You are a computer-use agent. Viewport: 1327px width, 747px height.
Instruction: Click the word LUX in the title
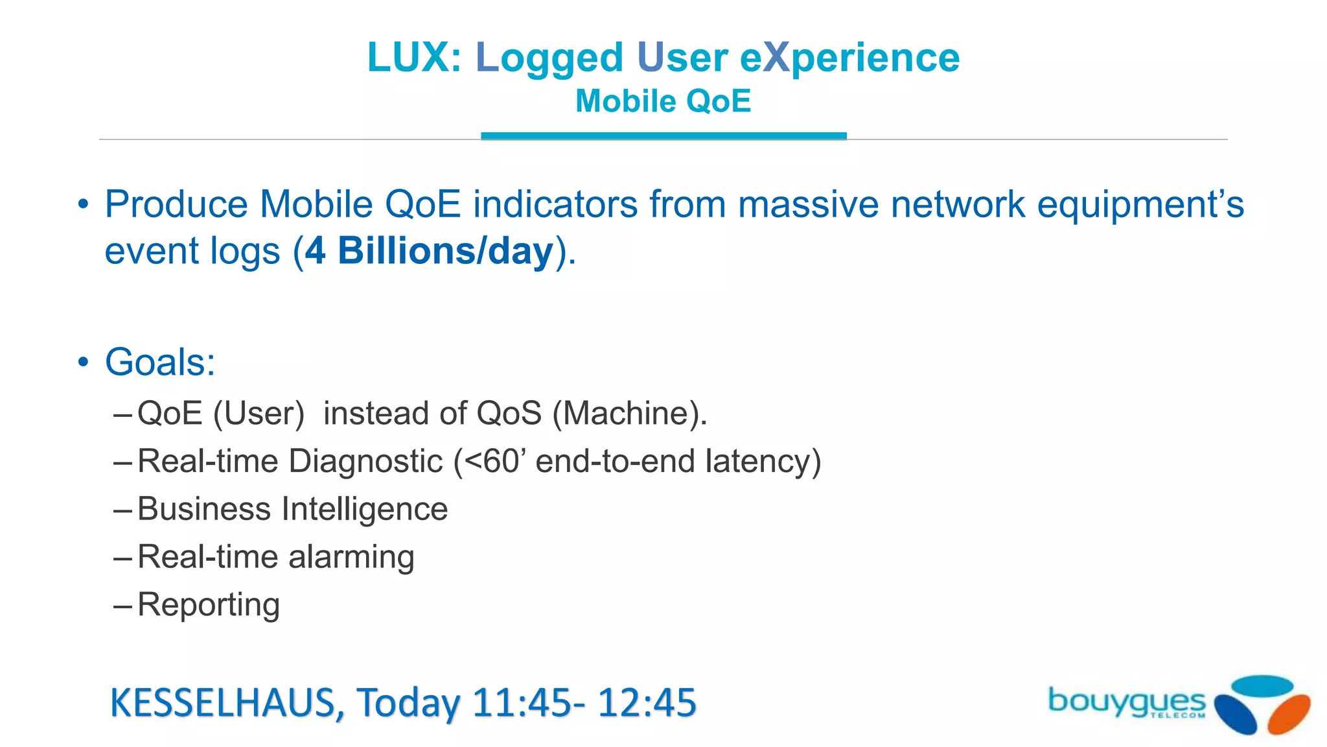tap(408, 57)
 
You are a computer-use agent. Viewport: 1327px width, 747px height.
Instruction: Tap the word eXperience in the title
tap(849, 57)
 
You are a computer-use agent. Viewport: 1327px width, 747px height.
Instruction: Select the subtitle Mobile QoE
tap(663, 101)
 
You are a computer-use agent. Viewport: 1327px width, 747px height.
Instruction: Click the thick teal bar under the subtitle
tap(663, 136)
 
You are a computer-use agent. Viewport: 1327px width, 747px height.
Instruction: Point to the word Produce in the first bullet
tap(176, 204)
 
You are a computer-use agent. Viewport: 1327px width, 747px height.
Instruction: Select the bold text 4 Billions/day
tap(429, 251)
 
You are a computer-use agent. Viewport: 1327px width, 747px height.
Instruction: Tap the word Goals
tap(159, 362)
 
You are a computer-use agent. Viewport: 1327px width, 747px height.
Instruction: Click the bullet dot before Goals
tap(83, 362)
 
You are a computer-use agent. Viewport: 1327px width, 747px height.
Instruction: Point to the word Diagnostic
tap(365, 461)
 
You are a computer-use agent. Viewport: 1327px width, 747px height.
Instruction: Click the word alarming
tap(351, 557)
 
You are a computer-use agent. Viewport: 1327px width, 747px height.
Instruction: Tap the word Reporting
tap(209, 605)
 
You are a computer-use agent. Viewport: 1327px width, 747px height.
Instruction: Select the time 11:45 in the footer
tap(522, 702)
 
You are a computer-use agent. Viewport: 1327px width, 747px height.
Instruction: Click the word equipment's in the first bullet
tap(1140, 204)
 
